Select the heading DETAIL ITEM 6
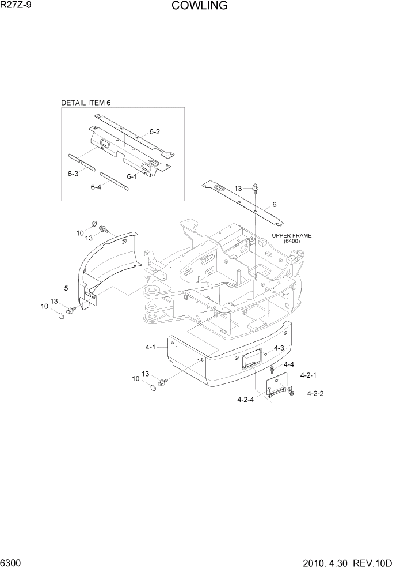(x=86, y=103)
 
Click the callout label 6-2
(x=154, y=132)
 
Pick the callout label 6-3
(x=73, y=174)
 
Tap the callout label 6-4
(x=96, y=186)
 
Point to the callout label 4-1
(x=150, y=347)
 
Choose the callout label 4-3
(x=279, y=348)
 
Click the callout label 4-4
(x=288, y=364)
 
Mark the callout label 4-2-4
(x=245, y=399)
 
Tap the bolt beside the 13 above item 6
(x=254, y=187)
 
